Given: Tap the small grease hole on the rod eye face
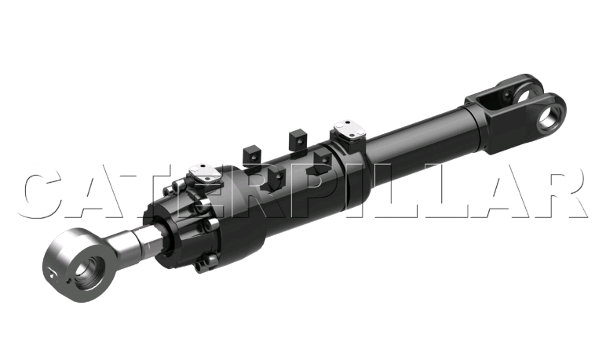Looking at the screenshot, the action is point(68,281).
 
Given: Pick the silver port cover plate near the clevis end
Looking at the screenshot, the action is point(349,129).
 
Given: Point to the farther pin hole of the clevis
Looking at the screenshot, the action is point(523,96).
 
